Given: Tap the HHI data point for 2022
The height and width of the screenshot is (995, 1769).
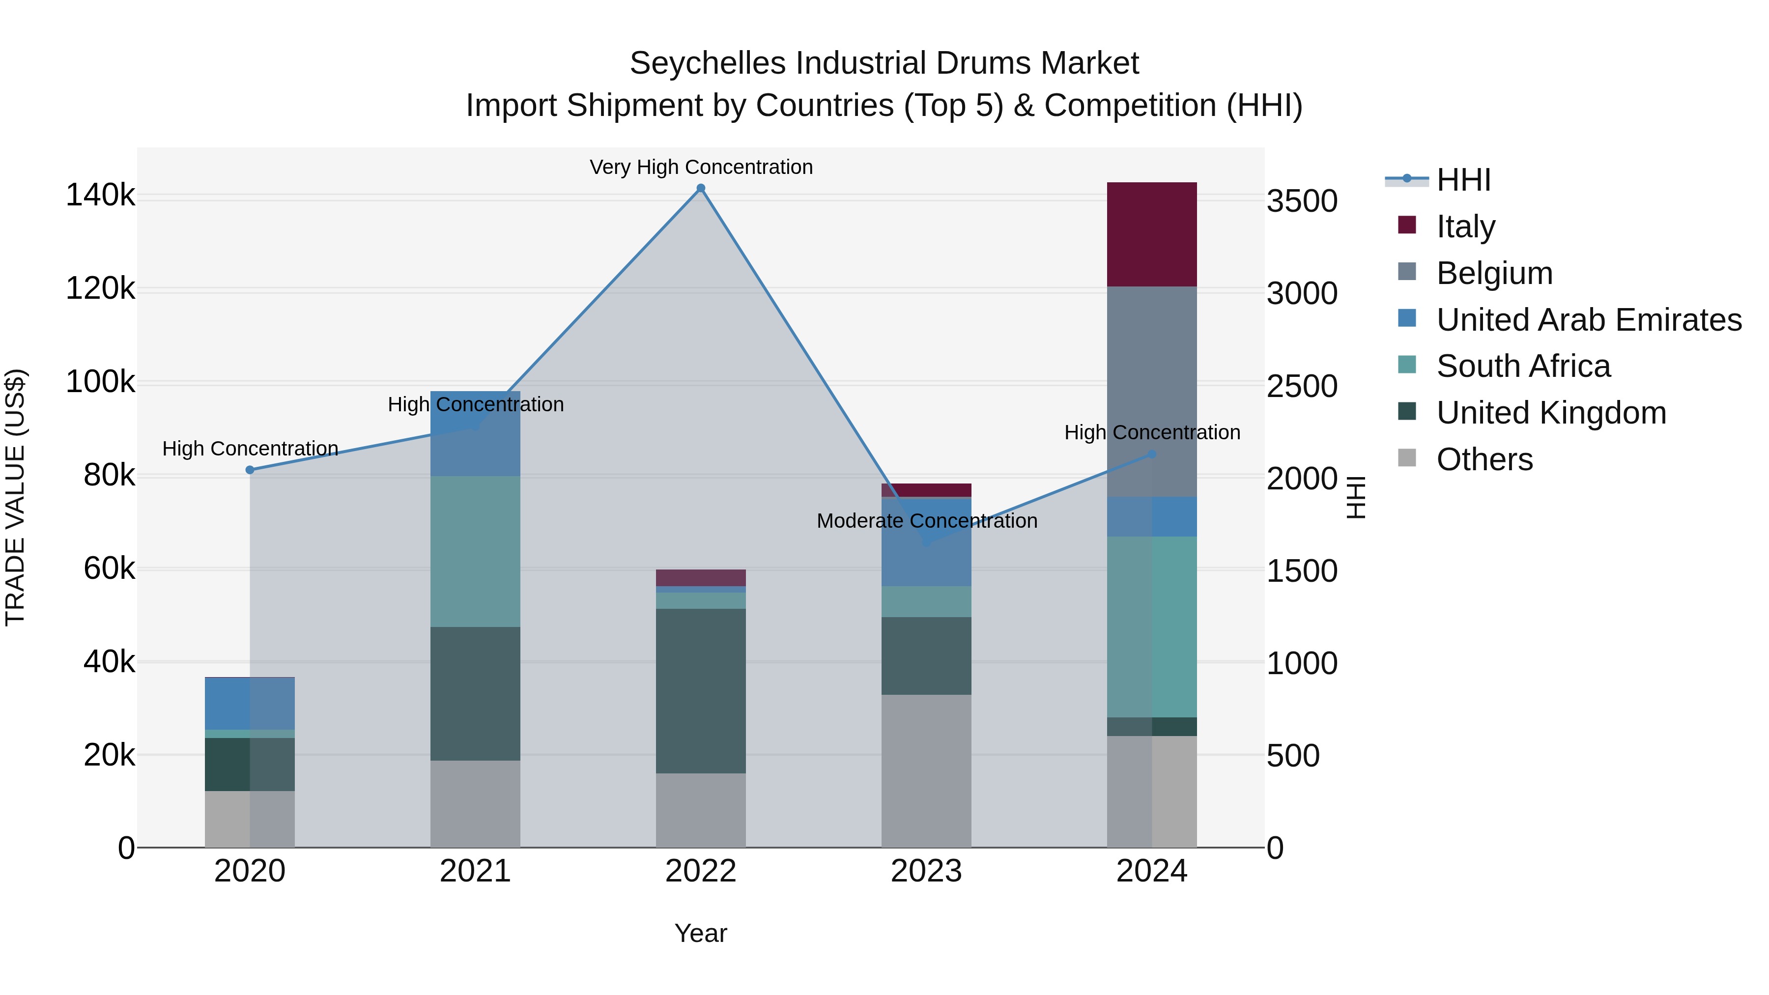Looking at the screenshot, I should (x=700, y=188).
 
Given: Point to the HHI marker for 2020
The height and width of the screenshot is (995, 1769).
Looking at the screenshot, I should (x=250, y=470).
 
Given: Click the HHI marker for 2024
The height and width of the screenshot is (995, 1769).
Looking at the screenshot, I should (x=1152, y=454).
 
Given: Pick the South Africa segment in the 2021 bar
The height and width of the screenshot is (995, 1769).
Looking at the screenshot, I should (x=475, y=551).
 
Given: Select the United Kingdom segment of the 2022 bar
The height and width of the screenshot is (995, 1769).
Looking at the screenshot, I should (x=700, y=690).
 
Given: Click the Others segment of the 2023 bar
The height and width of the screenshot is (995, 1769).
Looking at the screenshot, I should (x=926, y=770).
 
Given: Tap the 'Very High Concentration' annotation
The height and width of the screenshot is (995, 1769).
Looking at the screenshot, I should (x=700, y=167).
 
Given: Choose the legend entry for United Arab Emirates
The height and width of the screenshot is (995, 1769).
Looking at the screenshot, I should (x=1588, y=319).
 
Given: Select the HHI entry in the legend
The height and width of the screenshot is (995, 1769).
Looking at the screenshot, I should (x=1463, y=180).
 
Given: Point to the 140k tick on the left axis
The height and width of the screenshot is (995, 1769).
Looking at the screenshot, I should (x=100, y=195).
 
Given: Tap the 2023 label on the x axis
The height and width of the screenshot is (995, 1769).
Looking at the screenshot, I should (x=926, y=871).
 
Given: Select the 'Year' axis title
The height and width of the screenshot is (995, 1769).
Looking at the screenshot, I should (x=700, y=933).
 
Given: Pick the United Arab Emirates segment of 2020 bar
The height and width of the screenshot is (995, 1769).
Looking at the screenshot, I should (x=250, y=703).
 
